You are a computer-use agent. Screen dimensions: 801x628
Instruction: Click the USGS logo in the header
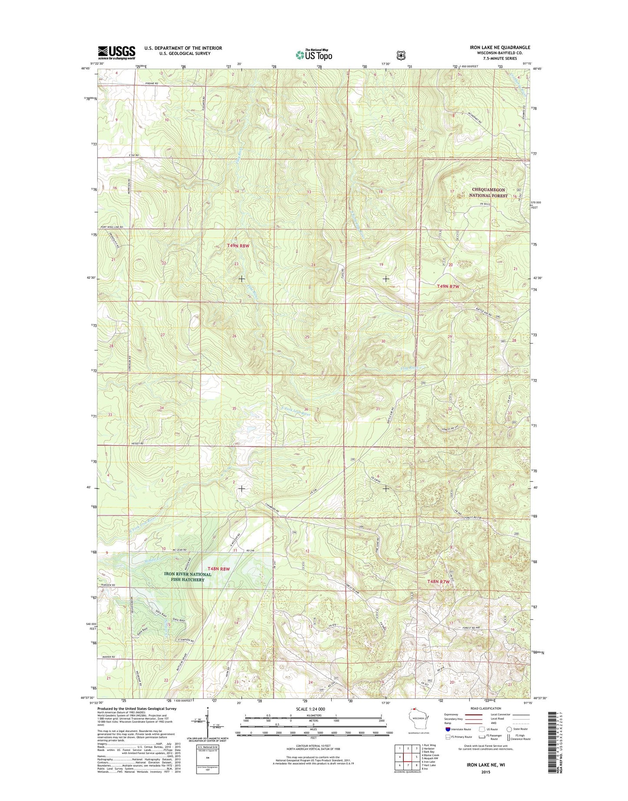tap(116, 53)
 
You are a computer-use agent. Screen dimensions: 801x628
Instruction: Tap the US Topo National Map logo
tap(314, 54)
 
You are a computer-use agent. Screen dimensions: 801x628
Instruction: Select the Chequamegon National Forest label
tap(488, 193)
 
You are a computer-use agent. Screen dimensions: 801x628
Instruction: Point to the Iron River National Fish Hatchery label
tap(187, 577)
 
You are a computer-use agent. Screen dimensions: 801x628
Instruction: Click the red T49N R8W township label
tap(238, 246)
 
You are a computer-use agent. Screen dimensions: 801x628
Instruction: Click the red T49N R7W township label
tap(448, 287)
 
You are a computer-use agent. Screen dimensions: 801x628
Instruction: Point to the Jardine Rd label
tap(150, 83)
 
